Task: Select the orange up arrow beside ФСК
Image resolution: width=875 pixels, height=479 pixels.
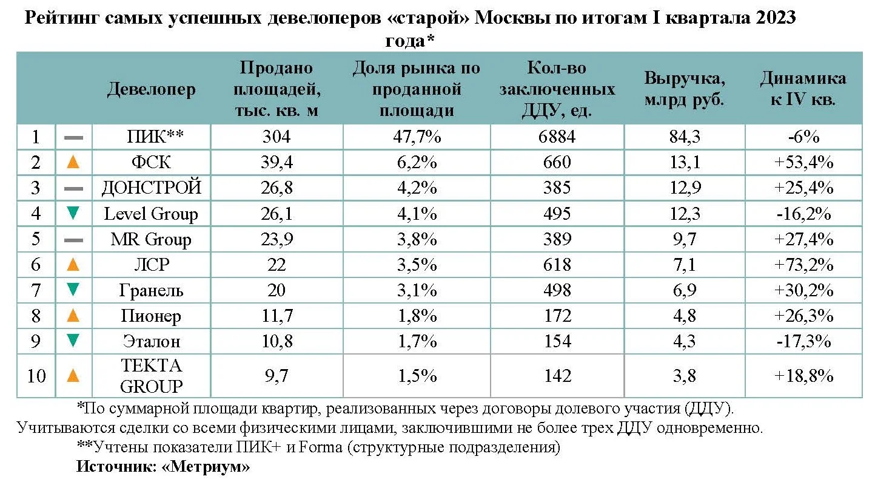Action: pyautogui.click(x=73, y=162)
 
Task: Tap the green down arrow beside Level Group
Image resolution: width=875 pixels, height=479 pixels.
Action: pyautogui.click(x=73, y=213)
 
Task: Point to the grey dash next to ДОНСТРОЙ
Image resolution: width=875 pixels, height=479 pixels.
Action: pyautogui.click(x=73, y=189)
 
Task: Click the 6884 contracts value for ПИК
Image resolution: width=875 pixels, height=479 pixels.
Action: pyautogui.click(x=557, y=137)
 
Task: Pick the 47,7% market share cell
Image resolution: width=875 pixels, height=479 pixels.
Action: pyautogui.click(x=417, y=137)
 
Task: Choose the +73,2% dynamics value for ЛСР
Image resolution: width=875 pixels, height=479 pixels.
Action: pyautogui.click(x=803, y=265)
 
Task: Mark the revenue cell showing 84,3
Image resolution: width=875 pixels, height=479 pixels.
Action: pyautogui.click(x=685, y=137)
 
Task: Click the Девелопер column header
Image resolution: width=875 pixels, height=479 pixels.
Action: pyautogui.click(x=151, y=89)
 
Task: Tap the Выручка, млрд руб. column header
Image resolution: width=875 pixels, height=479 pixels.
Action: pyautogui.click(x=685, y=89)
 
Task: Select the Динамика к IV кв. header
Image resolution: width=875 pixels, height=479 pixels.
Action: pyautogui.click(x=803, y=89)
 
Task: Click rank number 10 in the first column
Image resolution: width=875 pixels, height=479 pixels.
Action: pyautogui.click(x=36, y=376)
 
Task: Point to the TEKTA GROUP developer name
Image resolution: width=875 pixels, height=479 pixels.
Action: pyautogui.click(x=151, y=376)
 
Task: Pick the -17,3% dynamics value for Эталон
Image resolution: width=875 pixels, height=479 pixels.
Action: pyautogui.click(x=803, y=341)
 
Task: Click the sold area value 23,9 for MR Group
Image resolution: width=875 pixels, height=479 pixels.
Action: pyautogui.click(x=277, y=239)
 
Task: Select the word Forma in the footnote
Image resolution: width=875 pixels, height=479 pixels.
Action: pyautogui.click(x=320, y=447)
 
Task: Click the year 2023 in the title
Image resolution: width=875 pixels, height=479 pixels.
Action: pyautogui.click(x=776, y=18)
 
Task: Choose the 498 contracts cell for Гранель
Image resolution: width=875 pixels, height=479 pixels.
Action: pyautogui.click(x=557, y=290)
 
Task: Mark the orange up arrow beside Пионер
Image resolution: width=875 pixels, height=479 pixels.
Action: pyautogui.click(x=73, y=315)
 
